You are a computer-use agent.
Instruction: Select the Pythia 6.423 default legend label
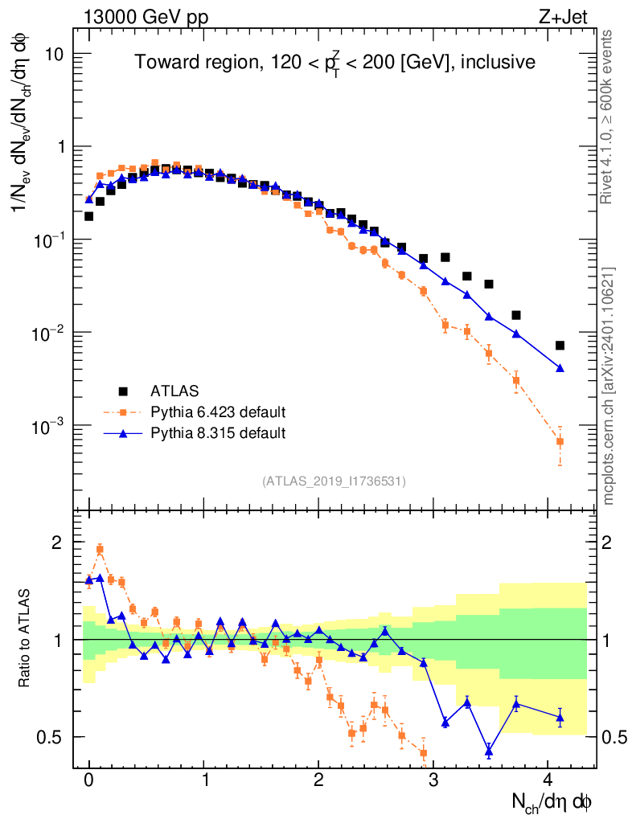(x=218, y=412)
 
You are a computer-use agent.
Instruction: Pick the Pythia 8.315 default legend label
(x=218, y=433)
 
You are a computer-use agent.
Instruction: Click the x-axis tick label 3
(x=433, y=780)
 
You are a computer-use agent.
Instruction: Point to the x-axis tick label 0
(x=88, y=780)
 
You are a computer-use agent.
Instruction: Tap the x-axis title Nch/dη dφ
(x=552, y=801)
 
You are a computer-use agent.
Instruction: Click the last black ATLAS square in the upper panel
(x=560, y=346)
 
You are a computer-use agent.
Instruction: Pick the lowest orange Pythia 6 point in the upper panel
(x=560, y=441)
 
